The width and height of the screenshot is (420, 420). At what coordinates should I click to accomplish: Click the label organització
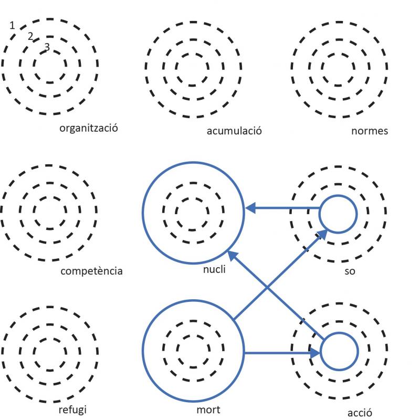pyautogui.click(x=88, y=128)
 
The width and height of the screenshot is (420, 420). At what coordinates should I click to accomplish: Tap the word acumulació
pyautogui.click(x=234, y=130)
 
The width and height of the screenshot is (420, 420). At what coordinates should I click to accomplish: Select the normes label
pyautogui.click(x=370, y=131)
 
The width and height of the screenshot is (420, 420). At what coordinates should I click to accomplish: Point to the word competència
pyautogui.click(x=91, y=271)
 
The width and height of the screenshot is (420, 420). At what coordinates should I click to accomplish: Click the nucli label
pyautogui.click(x=214, y=270)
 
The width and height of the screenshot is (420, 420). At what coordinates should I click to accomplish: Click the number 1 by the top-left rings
pyautogui.click(x=12, y=25)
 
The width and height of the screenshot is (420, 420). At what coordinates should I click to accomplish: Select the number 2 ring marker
pyautogui.click(x=30, y=36)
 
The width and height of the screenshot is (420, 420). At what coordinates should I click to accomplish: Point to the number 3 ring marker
pyautogui.click(x=47, y=47)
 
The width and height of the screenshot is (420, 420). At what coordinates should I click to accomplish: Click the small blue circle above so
pyautogui.click(x=339, y=213)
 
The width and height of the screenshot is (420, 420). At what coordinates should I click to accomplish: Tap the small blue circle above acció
pyautogui.click(x=339, y=352)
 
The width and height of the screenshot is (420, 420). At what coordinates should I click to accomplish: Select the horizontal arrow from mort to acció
pyautogui.click(x=281, y=352)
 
